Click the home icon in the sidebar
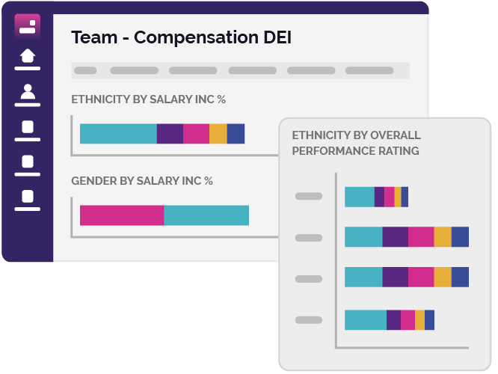(x=27, y=56)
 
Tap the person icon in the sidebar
(x=27, y=92)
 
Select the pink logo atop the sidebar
(x=27, y=25)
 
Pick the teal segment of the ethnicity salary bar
(x=118, y=133)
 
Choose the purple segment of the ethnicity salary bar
(x=170, y=133)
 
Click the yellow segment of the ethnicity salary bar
(x=218, y=133)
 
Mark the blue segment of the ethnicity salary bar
(x=236, y=133)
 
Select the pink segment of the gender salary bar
(x=122, y=215)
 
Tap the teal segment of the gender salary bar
(x=206, y=215)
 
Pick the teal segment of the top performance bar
(x=359, y=197)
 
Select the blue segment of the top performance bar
(x=405, y=197)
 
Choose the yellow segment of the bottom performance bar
(x=419, y=319)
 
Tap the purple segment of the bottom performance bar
(x=393, y=319)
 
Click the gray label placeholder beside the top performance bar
(x=309, y=197)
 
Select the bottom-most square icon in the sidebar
(x=27, y=197)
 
